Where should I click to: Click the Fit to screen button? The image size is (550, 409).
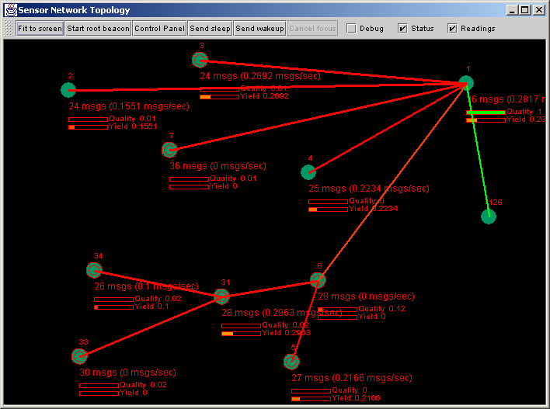40,29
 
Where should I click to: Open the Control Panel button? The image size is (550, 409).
158,29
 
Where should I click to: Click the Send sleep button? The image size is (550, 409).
210,29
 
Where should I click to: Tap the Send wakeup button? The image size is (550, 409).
259,29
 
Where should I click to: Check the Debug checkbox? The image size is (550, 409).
351,29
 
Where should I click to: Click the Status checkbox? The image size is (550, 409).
402,29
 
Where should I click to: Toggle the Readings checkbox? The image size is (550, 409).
452,29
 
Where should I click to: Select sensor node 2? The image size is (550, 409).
68,89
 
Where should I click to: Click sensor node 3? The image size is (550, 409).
200,60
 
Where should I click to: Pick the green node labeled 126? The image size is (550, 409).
488,216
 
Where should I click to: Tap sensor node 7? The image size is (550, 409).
169,149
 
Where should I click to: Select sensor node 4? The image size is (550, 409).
308,172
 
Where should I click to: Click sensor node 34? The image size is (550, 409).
95,270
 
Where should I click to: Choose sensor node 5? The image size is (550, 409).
291,361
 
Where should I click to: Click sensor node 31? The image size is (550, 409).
221,296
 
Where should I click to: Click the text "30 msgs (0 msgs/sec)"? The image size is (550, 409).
127,372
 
